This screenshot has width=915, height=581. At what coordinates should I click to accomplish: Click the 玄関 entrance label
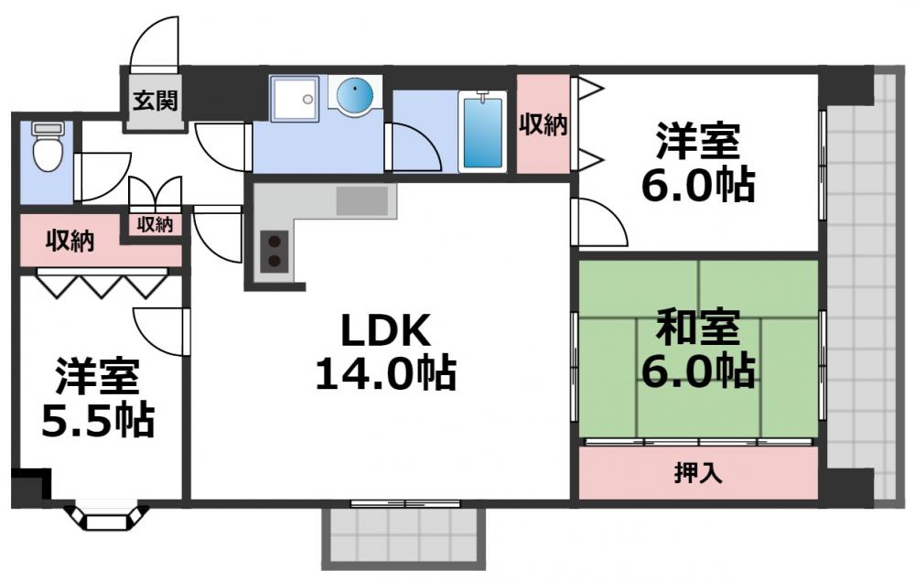pyautogui.click(x=154, y=99)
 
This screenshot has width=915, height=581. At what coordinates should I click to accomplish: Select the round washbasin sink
pyautogui.click(x=353, y=95)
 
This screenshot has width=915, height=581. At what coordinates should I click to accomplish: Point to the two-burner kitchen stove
pyautogui.click(x=274, y=252)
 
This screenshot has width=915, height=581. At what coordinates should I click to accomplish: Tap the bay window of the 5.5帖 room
pyautogui.click(x=107, y=518)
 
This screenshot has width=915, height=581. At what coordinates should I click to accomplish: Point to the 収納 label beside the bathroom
pyautogui.click(x=544, y=124)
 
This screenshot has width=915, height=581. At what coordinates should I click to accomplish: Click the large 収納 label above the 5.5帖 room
pyautogui.click(x=70, y=242)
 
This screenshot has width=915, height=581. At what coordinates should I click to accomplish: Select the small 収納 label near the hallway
pyautogui.click(x=156, y=224)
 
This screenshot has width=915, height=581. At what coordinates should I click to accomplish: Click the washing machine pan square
pyautogui.click(x=295, y=98)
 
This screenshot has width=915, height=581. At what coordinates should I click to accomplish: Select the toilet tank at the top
pyautogui.click(x=46, y=129)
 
